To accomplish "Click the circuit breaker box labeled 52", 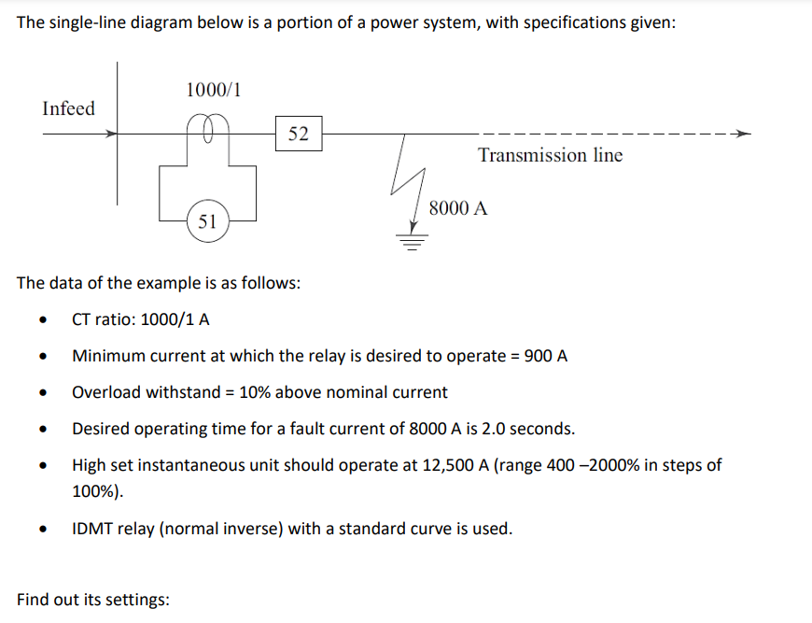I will (x=299, y=134).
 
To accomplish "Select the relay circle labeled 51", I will (x=207, y=221).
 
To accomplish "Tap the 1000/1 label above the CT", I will (x=214, y=90).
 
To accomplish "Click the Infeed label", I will (x=68, y=108).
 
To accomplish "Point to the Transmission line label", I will (x=550, y=155).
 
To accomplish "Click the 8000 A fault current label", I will (x=458, y=208).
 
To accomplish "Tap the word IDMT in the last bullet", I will (x=91, y=529).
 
